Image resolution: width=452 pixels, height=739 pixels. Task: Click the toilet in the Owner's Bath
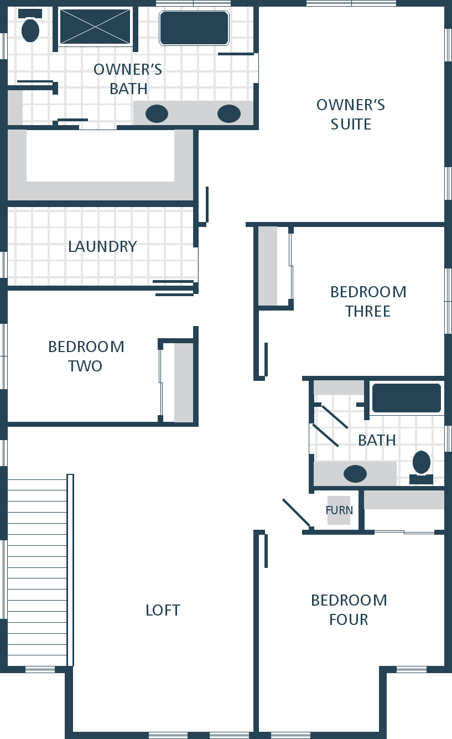(x=30, y=25)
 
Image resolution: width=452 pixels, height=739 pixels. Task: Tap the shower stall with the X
(x=95, y=27)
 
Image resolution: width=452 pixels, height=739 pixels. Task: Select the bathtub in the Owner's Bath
(x=194, y=28)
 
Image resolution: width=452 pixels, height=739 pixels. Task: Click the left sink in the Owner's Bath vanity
(x=157, y=113)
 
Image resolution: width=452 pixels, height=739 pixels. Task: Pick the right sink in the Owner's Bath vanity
(x=229, y=113)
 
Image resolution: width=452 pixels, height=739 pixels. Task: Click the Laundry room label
(x=102, y=246)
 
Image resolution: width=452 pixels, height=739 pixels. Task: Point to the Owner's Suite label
(x=351, y=115)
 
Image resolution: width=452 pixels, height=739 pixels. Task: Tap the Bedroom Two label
(x=86, y=356)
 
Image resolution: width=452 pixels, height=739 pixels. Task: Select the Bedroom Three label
(x=368, y=302)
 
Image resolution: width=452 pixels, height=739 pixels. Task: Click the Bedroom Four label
(x=349, y=609)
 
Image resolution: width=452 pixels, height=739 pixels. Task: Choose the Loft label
(x=163, y=611)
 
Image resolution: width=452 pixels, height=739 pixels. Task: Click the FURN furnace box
(x=339, y=510)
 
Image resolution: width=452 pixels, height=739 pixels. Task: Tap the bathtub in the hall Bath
(x=406, y=397)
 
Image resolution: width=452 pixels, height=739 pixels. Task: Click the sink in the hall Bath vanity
(x=355, y=473)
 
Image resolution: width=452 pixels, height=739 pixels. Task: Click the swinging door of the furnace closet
(x=297, y=513)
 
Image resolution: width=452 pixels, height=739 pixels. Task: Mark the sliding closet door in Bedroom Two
(x=160, y=383)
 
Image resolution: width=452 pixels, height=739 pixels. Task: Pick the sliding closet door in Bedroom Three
(x=291, y=266)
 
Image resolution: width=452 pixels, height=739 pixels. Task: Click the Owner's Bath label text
(x=128, y=79)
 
